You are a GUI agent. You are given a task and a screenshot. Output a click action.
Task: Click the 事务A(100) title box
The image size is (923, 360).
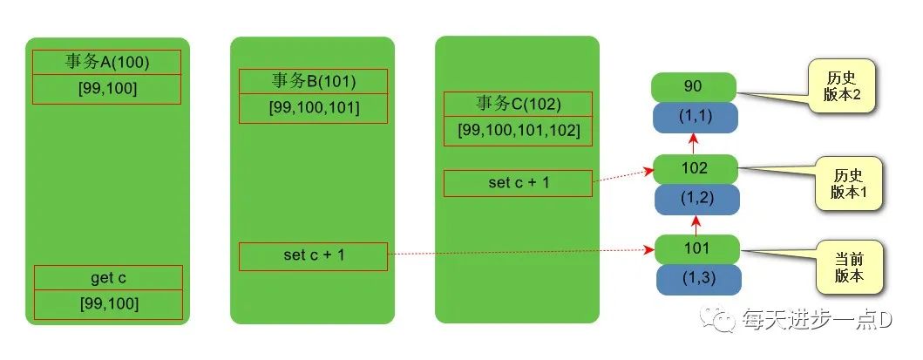(106, 63)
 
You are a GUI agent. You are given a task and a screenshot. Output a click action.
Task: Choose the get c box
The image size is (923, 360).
(108, 278)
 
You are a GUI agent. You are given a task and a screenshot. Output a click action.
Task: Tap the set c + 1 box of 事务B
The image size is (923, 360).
(313, 256)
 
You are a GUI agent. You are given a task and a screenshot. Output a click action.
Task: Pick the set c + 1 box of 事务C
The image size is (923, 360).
(518, 183)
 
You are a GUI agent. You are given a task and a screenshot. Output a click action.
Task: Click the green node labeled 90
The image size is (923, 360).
(694, 86)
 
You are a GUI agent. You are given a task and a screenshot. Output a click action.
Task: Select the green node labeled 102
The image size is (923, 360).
(695, 169)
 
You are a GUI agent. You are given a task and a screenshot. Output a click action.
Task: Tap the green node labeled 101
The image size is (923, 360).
(697, 249)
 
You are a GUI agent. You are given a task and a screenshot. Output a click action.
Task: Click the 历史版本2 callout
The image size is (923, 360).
(842, 87)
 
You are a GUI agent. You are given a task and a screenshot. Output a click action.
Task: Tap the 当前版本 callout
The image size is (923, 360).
(848, 267)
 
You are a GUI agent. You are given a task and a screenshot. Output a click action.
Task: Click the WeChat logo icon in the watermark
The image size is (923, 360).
(723, 322)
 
